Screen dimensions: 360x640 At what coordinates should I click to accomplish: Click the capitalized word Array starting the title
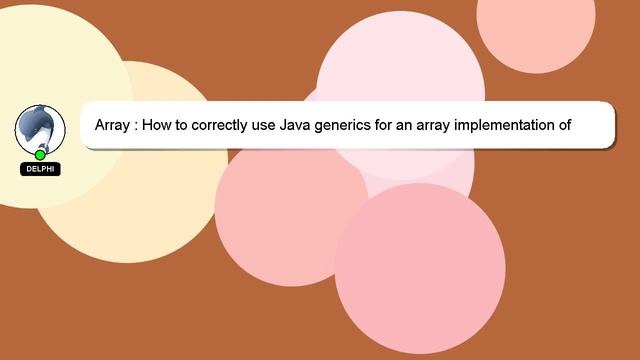(114, 126)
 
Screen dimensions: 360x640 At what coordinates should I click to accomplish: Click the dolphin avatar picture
(40, 128)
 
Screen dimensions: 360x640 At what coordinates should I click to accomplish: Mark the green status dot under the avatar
(40, 155)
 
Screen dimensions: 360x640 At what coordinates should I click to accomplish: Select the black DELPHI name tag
(40, 169)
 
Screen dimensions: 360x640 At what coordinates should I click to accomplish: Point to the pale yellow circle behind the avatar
(40, 60)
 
